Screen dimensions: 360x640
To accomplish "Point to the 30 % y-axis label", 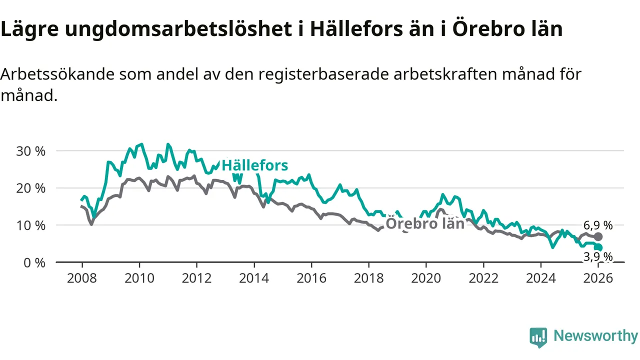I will click(30, 151).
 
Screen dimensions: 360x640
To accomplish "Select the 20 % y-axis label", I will click(30, 188).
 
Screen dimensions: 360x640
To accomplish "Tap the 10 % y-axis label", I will click(30, 225).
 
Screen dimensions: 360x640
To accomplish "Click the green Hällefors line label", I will click(255, 165).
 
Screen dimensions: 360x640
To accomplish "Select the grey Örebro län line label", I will click(425, 223).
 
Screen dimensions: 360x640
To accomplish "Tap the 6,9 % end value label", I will click(597, 225).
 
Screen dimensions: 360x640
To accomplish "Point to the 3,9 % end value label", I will click(597, 257).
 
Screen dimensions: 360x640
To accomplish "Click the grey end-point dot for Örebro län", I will click(598, 236).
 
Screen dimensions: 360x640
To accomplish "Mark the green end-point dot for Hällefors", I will click(598, 247).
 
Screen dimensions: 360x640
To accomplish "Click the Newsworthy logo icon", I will click(538, 337).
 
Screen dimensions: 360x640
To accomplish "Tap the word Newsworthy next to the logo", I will click(595, 336).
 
